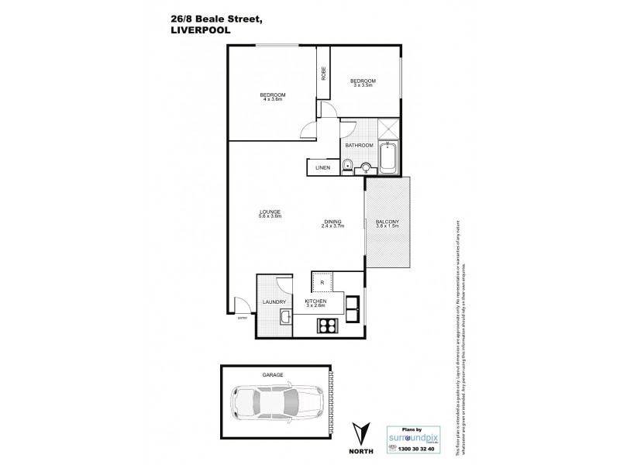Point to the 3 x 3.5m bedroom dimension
pos(363,85)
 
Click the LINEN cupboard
pos(321,167)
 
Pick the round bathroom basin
pos(366,165)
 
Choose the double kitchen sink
pos(353,309)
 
